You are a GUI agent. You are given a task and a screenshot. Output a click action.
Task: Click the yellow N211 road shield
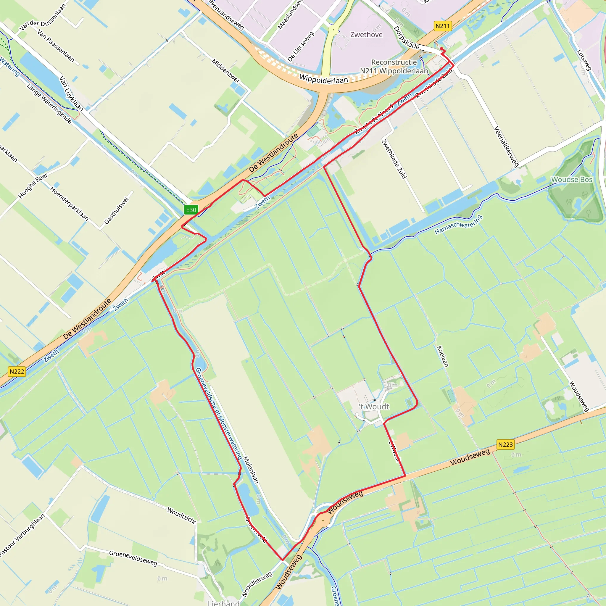(443, 26)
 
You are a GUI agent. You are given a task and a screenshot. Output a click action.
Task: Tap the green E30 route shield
(191, 210)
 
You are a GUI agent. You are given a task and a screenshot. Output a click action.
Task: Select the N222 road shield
(17, 371)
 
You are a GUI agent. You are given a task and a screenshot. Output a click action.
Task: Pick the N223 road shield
(505, 444)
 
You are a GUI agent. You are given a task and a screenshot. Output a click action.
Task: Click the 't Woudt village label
(374, 407)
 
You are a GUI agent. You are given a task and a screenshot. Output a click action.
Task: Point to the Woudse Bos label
(571, 179)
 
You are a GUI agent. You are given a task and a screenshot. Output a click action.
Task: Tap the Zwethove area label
(366, 35)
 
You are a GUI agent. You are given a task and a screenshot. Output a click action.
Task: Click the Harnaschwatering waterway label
(458, 225)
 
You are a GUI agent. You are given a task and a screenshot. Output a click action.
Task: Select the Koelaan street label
(443, 356)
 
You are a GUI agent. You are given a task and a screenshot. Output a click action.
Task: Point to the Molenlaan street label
(251, 470)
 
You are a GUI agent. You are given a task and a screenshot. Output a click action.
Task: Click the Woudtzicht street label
(182, 515)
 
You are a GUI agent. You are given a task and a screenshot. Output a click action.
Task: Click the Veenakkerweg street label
(506, 146)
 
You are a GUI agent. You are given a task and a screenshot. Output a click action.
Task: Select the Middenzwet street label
(226, 71)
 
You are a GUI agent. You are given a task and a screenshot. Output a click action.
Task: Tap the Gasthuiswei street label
(116, 210)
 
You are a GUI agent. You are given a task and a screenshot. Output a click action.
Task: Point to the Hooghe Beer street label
(33, 186)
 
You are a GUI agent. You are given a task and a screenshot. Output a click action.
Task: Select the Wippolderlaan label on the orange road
(324, 79)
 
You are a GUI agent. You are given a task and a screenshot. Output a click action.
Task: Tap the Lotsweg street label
(584, 60)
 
